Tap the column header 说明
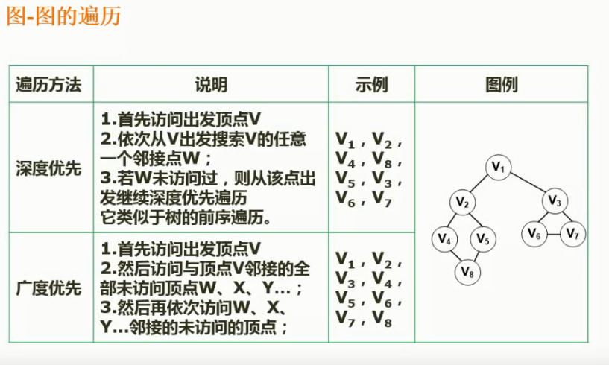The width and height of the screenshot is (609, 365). pyautogui.click(x=211, y=85)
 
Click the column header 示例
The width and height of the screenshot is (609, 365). pyautogui.click(x=371, y=85)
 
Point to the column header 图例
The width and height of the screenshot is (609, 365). pyautogui.click(x=501, y=85)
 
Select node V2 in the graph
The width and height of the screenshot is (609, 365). pyautogui.click(x=462, y=202)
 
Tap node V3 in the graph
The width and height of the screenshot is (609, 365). pyautogui.click(x=554, y=200)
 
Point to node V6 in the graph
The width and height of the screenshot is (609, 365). pyautogui.click(x=534, y=234)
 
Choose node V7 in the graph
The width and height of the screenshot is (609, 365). pyautogui.click(x=572, y=234)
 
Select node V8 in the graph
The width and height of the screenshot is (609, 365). pyautogui.click(x=467, y=272)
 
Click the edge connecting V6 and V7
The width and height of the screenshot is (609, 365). pyautogui.click(x=553, y=234)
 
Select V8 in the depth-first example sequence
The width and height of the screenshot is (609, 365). pyautogui.click(x=387, y=159)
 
